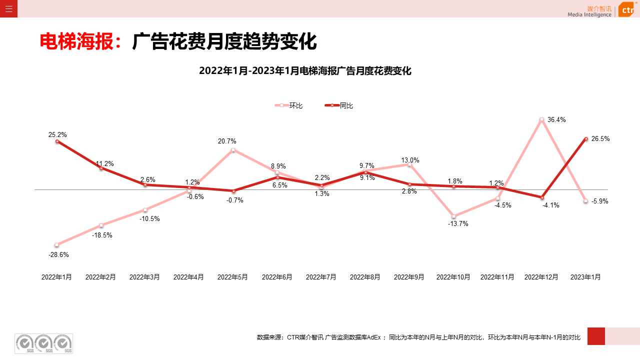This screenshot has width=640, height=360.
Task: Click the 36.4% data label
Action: click(x=556, y=120)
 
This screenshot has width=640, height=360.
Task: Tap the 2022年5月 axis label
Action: click(x=232, y=277)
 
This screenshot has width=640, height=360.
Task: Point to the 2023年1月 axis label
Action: click(x=585, y=277)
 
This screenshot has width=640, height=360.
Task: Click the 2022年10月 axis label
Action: click(x=453, y=277)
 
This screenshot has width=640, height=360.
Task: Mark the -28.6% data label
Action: click(x=58, y=254)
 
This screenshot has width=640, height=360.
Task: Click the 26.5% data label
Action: click(x=600, y=139)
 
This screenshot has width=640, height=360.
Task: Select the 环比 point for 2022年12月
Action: click(x=541, y=119)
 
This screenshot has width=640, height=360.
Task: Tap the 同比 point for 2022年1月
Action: click(x=57, y=141)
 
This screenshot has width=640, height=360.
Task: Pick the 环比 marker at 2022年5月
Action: click(x=233, y=150)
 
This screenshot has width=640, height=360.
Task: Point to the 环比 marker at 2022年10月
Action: click(x=453, y=216)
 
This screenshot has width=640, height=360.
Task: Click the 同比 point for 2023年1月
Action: click(x=585, y=138)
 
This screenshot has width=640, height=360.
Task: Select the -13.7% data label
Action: click(x=458, y=224)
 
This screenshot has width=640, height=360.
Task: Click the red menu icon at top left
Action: click(x=8, y=8)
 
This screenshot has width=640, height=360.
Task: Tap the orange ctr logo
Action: click(x=627, y=9)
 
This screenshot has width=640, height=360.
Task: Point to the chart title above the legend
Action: click(x=305, y=71)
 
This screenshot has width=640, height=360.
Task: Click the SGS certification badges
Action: click(x=43, y=343)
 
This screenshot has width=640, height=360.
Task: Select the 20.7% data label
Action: click(x=227, y=141)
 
